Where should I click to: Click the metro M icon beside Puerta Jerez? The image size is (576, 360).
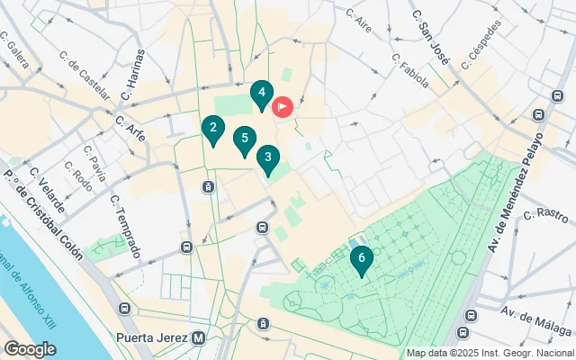tap(199, 338)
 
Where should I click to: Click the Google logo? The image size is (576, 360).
tap(30, 348)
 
